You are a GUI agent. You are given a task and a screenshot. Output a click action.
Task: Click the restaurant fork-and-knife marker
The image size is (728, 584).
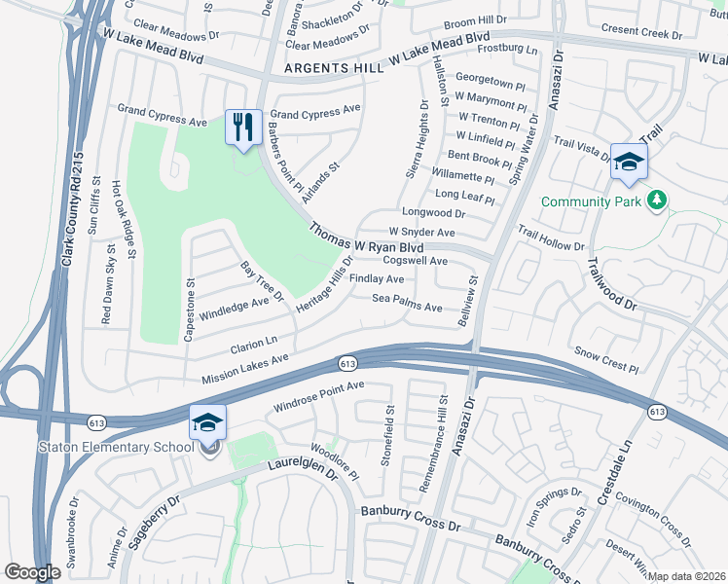click(x=242, y=128)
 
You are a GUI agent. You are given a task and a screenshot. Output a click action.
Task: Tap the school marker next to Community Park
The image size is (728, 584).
click(x=629, y=162)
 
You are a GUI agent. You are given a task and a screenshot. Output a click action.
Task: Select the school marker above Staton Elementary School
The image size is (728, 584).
click(x=207, y=421)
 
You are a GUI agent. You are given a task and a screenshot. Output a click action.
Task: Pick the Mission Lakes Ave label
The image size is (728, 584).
click(x=245, y=369)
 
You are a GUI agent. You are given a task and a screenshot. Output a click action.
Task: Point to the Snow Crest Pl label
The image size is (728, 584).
click(x=605, y=360)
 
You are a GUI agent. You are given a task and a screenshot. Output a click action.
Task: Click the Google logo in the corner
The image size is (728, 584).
click(x=32, y=572)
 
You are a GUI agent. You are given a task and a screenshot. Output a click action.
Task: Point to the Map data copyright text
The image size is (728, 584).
click(x=686, y=576)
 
